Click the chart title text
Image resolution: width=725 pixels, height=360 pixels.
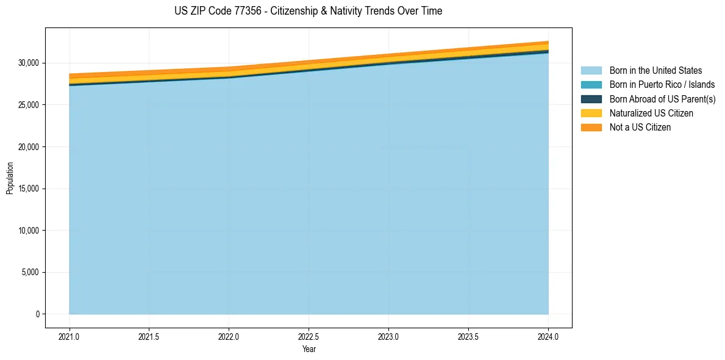click(308, 11)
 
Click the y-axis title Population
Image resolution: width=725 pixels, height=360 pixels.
click(10, 178)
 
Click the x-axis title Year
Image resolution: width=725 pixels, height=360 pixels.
click(309, 349)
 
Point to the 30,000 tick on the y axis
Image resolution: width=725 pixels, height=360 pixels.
click(29, 63)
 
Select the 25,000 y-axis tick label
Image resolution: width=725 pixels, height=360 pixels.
click(29, 105)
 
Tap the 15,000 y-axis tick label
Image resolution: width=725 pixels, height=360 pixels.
click(29, 189)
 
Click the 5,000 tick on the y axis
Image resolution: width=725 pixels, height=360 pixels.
click(30, 272)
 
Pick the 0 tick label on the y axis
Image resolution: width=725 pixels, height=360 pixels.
click(37, 314)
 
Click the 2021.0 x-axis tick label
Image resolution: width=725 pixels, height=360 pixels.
click(69, 336)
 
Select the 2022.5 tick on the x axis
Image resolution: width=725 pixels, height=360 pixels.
click(309, 336)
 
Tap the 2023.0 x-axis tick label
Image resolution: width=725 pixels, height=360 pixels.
click(388, 336)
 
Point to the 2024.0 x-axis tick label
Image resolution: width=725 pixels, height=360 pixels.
click(548, 336)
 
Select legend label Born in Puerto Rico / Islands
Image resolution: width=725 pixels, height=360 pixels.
click(662, 85)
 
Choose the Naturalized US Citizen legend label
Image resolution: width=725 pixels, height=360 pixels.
click(651, 113)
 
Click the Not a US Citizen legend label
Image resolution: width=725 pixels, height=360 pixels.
click(640, 128)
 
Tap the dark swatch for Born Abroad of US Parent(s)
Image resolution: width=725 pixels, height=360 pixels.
click(591, 99)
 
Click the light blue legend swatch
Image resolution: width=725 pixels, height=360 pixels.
click(591, 71)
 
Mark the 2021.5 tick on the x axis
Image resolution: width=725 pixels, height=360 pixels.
click(149, 336)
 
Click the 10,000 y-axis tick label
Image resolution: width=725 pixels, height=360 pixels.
click(29, 231)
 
